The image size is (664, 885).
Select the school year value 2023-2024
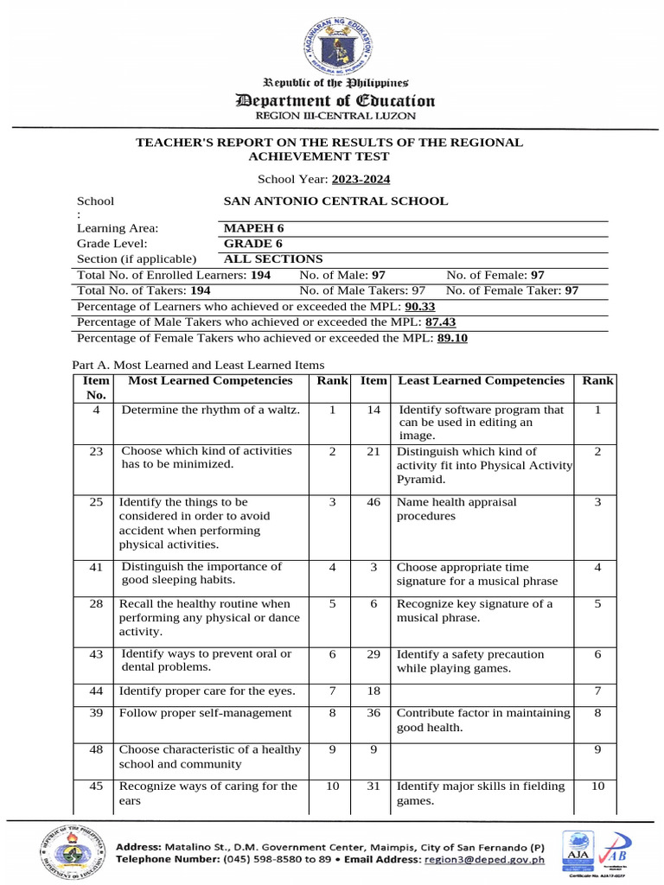[x=361, y=179]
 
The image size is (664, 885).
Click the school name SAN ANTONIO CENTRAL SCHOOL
[x=335, y=201]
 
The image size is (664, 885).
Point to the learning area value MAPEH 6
[x=253, y=228]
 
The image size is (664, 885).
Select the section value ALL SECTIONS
[x=273, y=258]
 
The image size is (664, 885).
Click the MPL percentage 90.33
[x=419, y=306]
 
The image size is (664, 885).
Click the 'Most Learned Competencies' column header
[x=210, y=380]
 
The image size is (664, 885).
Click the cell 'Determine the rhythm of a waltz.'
[x=210, y=410]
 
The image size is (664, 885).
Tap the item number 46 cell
[x=373, y=501]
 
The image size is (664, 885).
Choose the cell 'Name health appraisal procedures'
[x=456, y=509]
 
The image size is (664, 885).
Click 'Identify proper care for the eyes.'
[x=207, y=691]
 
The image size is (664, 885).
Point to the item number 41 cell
[x=96, y=567]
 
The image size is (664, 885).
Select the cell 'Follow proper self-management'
[x=205, y=713]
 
